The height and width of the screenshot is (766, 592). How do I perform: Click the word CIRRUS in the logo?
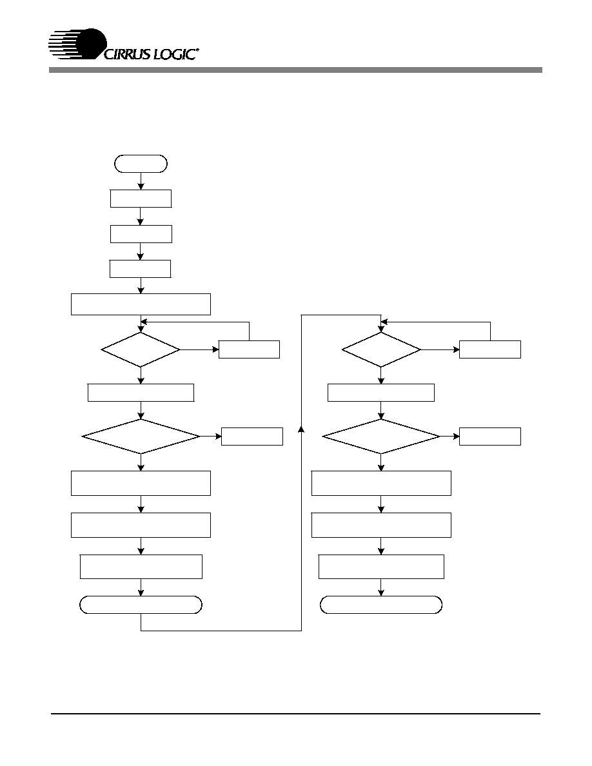(127, 54)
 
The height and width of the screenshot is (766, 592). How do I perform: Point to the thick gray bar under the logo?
(295, 70)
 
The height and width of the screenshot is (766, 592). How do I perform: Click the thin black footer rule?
(295, 714)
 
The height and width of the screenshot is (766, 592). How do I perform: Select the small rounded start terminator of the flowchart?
(141, 164)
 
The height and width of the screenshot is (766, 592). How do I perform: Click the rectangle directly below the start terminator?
(141, 199)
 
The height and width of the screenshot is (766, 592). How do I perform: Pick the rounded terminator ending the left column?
(141, 605)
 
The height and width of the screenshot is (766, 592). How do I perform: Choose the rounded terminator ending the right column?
(381, 605)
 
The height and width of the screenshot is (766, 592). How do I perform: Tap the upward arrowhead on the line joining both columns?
(301, 429)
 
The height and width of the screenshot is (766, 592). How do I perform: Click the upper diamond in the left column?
(141, 349)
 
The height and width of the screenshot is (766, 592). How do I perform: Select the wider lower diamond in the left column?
(141, 437)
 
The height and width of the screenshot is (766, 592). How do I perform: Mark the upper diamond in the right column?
(381, 349)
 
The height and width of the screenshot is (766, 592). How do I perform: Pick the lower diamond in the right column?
(381, 437)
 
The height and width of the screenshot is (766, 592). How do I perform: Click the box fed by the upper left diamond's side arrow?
(249, 349)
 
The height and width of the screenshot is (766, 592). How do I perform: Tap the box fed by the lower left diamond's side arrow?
(252, 437)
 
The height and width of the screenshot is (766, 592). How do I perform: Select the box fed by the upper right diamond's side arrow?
(490, 349)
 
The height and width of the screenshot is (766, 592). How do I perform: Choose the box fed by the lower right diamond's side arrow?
(490, 437)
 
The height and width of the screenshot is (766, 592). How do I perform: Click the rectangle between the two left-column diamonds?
(141, 393)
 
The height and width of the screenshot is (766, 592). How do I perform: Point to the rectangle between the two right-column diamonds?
(381, 393)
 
